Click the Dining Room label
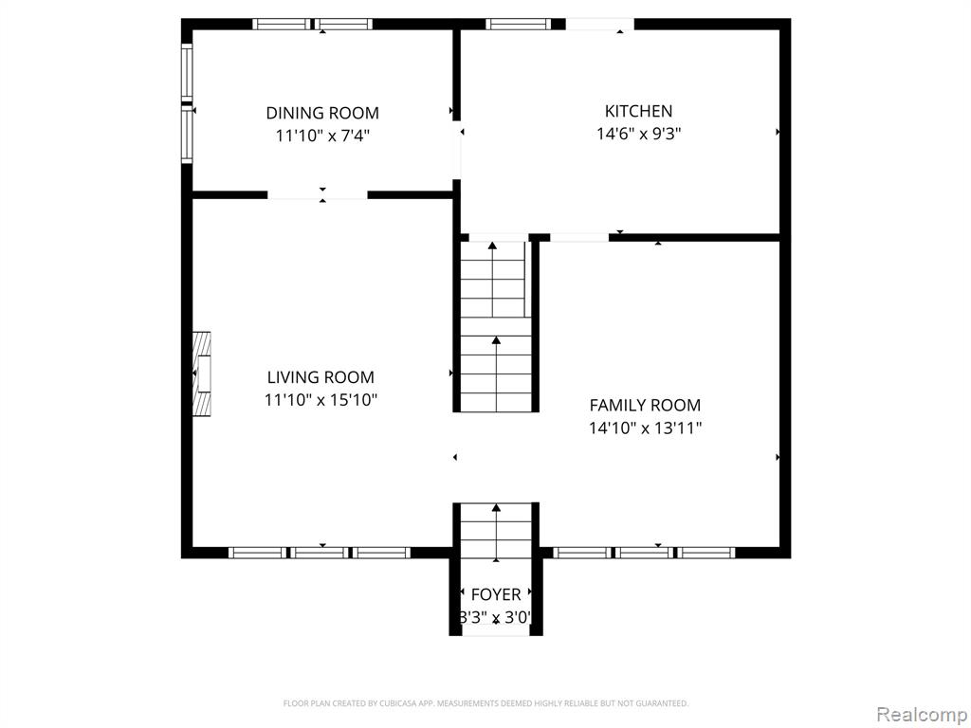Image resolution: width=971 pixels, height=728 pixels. pos(322,114)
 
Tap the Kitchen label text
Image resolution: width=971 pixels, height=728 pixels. pos(638,112)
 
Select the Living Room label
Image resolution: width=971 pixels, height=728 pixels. pos(321,377)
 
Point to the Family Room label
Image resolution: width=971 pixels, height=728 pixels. pos(645,406)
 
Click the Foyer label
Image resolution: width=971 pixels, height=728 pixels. pos(496,595)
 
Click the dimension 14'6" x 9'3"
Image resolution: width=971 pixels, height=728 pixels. pos(638,134)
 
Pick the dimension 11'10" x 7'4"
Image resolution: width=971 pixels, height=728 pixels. pos(322,136)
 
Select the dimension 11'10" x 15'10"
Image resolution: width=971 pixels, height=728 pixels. pos(321,400)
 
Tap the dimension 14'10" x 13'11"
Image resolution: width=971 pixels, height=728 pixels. pos(645,428)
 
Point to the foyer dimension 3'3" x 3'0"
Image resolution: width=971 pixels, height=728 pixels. pos(496,618)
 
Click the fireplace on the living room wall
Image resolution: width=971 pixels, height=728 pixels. pos(201,373)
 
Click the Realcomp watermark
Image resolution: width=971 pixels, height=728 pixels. pos(923,715)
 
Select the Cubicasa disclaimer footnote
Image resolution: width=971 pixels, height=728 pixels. pos(485,703)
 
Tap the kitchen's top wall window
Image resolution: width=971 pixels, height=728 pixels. pos(518,24)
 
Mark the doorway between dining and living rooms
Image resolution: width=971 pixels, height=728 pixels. pos(317,195)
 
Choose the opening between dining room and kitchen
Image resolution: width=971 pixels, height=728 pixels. pos(456,150)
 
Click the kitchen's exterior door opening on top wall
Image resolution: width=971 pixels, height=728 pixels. pos(600,24)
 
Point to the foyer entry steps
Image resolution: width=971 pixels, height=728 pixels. pos(496,533)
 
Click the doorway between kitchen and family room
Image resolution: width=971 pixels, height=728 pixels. pos(579,237)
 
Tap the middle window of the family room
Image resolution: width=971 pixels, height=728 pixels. pos(644,553)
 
